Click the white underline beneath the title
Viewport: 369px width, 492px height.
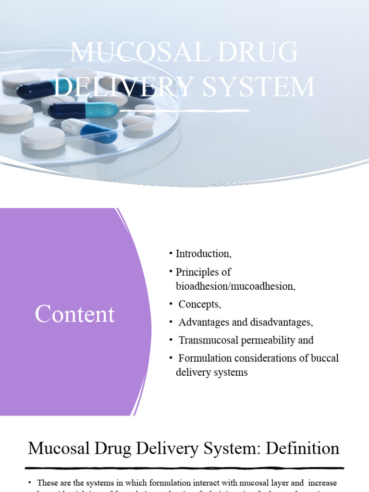[184, 111]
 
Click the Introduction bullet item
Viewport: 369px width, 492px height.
[203, 254]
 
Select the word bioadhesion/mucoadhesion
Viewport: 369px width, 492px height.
[235, 286]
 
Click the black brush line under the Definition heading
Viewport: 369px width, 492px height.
[184, 467]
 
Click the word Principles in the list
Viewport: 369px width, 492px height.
[197, 272]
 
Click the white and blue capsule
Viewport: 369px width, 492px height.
[89, 130]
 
